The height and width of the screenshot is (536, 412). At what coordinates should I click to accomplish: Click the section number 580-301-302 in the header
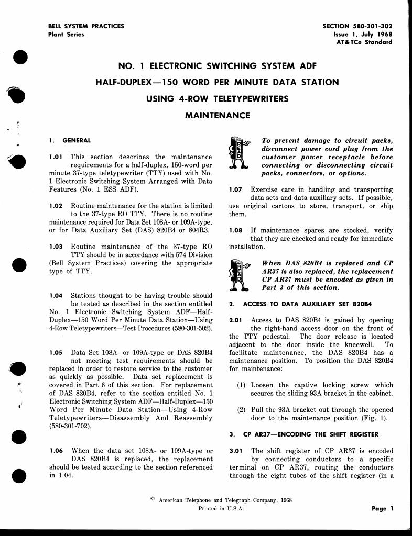pos(371,26)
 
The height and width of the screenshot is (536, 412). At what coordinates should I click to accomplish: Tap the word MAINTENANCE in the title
pos(217,115)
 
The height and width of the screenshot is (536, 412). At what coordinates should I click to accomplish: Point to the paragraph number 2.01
pos(236,320)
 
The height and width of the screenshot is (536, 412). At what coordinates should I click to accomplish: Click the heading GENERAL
pos(77,141)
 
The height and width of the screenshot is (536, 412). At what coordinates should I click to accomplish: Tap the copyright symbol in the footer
pos(153,499)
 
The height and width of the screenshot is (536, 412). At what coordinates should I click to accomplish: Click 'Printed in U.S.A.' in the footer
pos(221,508)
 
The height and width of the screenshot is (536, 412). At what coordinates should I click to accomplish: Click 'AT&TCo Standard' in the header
pos(364,42)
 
